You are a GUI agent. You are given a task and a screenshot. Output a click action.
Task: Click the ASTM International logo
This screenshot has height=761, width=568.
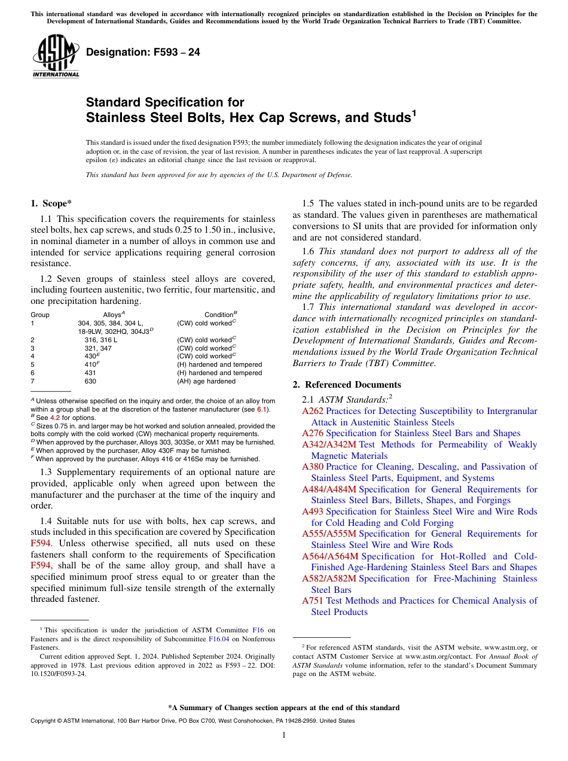coord(56,57)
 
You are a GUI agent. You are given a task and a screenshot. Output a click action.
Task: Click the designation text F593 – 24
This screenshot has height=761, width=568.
coord(143,53)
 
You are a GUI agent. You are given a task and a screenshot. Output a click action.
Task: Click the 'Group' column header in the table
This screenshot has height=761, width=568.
coord(40,315)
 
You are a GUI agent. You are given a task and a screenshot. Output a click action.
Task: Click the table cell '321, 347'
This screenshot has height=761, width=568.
coord(98,348)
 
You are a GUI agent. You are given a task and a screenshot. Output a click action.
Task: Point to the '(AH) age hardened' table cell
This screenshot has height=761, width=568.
coord(206,381)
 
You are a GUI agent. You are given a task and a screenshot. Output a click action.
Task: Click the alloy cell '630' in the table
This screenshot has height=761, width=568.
coord(90,381)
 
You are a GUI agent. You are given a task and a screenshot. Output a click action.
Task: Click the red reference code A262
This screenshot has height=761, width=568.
coord(313,411)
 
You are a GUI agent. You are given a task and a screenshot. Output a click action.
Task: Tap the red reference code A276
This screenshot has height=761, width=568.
coord(313,433)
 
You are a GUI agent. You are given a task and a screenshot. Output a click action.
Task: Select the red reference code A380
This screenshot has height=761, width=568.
coord(313,467)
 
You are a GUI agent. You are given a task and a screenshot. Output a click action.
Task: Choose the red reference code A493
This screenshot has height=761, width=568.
coord(313,512)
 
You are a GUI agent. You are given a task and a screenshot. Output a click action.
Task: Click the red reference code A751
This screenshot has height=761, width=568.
coord(313,601)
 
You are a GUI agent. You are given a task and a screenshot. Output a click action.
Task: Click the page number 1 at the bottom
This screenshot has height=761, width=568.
coord(284,735)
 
